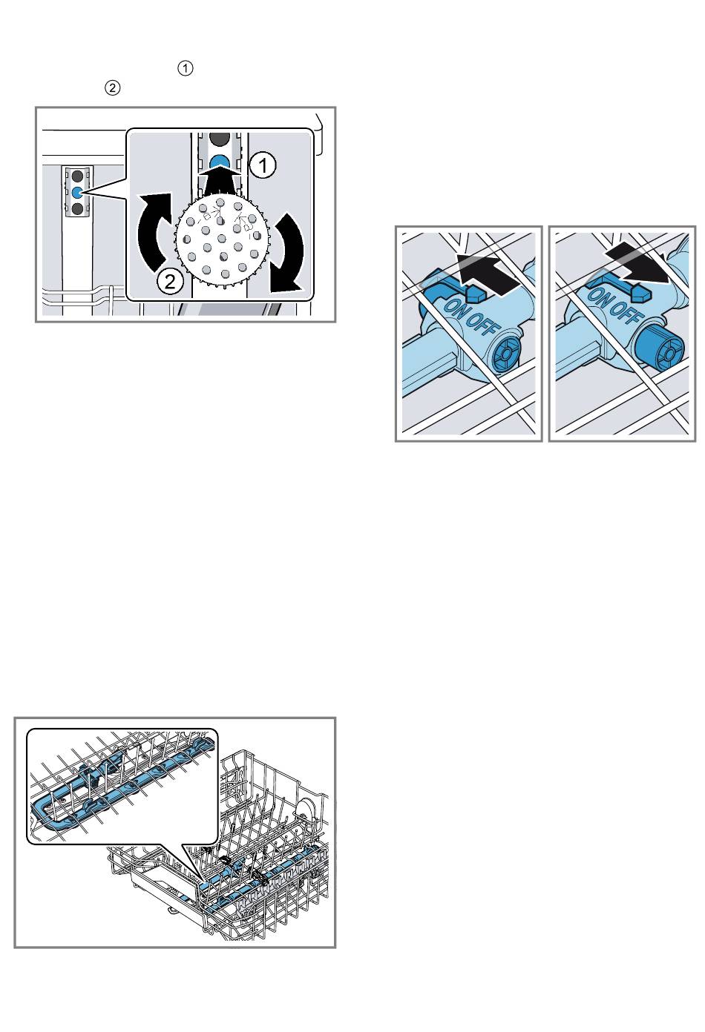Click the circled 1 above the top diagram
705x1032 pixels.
click(185, 68)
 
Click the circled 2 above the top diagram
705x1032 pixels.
click(113, 87)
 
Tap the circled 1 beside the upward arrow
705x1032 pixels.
click(263, 165)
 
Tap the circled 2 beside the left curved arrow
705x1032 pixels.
click(170, 280)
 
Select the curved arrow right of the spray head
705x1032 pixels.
click(288, 252)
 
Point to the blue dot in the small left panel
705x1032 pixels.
click(77, 192)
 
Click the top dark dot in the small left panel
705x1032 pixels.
click(77, 176)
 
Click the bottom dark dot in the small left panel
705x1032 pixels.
click(77, 209)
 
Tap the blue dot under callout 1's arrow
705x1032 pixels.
click(220, 161)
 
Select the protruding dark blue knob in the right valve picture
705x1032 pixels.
click(658, 348)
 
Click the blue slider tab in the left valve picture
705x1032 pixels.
click(478, 292)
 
